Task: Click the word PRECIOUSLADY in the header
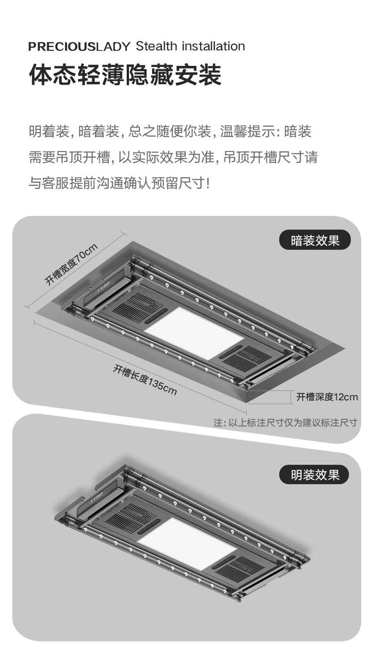pyautogui.click(x=79, y=47)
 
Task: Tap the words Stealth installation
pyautogui.click(x=190, y=46)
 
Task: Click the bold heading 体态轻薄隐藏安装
pyautogui.click(x=125, y=75)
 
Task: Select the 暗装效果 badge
pyautogui.click(x=315, y=240)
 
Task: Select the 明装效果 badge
pyautogui.click(x=315, y=475)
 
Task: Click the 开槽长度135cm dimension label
pyautogui.click(x=145, y=379)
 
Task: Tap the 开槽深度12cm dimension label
pyautogui.click(x=327, y=397)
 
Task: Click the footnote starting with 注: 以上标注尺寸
pyautogui.click(x=285, y=423)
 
